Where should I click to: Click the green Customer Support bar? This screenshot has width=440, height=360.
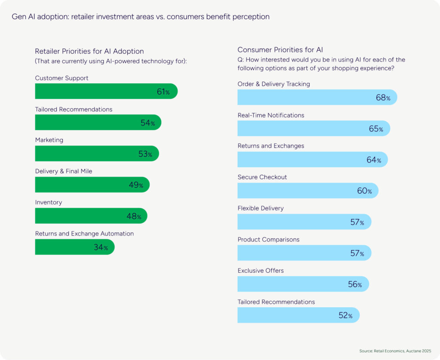(103, 91)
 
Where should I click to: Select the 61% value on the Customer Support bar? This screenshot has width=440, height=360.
(163, 92)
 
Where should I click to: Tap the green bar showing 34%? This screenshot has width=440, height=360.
(73, 247)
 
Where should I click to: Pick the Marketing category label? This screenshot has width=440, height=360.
(49, 140)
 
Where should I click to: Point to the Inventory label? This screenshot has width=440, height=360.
(49, 202)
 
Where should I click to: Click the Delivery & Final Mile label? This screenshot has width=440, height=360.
(64, 171)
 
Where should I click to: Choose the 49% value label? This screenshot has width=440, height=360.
(136, 185)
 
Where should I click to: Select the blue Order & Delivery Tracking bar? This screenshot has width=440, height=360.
(314, 97)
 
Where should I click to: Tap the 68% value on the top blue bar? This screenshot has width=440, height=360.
(383, 98)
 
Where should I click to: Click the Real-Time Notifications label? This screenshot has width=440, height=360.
(271, 115)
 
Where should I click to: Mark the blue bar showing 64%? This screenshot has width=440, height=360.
(309, 159)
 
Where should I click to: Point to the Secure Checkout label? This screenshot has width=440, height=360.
(262, 177)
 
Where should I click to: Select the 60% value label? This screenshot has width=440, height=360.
(364, 191)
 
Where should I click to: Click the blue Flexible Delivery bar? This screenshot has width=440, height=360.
(301, 222)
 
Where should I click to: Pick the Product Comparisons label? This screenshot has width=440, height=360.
(269, 239)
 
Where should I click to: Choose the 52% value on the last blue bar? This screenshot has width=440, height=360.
(345, 315)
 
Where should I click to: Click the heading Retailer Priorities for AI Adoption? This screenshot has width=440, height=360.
(89, 52)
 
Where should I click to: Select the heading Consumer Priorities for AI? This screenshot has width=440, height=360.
(283, 50)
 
